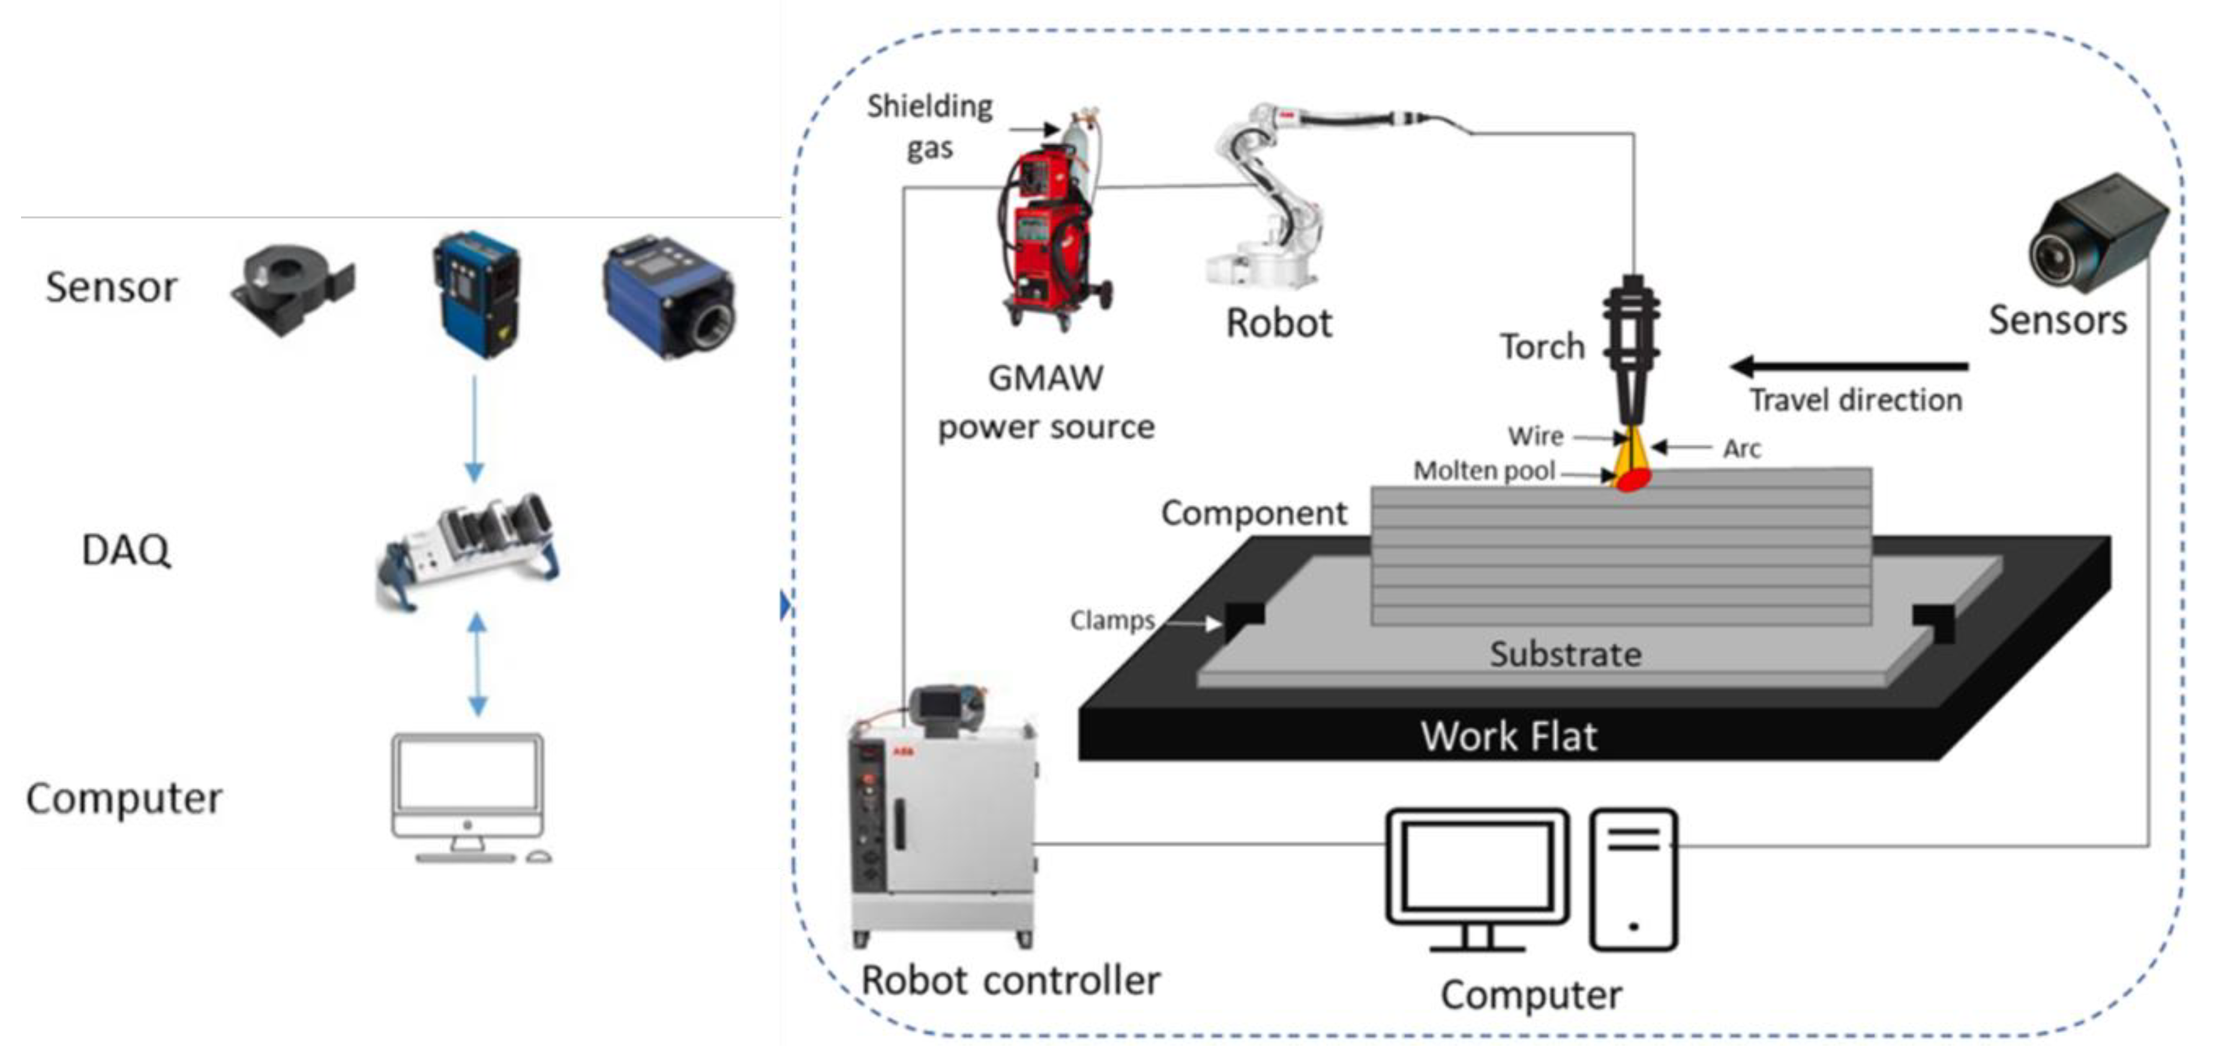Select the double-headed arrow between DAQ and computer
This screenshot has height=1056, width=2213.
tap(478, 664)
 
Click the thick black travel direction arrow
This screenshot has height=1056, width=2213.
tap(1847, 367)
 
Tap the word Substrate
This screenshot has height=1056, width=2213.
tap(1566, 655)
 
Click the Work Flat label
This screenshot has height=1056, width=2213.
tap(1509, 737)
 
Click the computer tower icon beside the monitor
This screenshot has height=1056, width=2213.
tap(1632, 879)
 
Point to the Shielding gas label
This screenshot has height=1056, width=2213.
tap(929, 126)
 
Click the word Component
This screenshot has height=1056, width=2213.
tap(1254, 513)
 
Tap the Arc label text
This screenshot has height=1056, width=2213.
tap(1741, 448)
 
